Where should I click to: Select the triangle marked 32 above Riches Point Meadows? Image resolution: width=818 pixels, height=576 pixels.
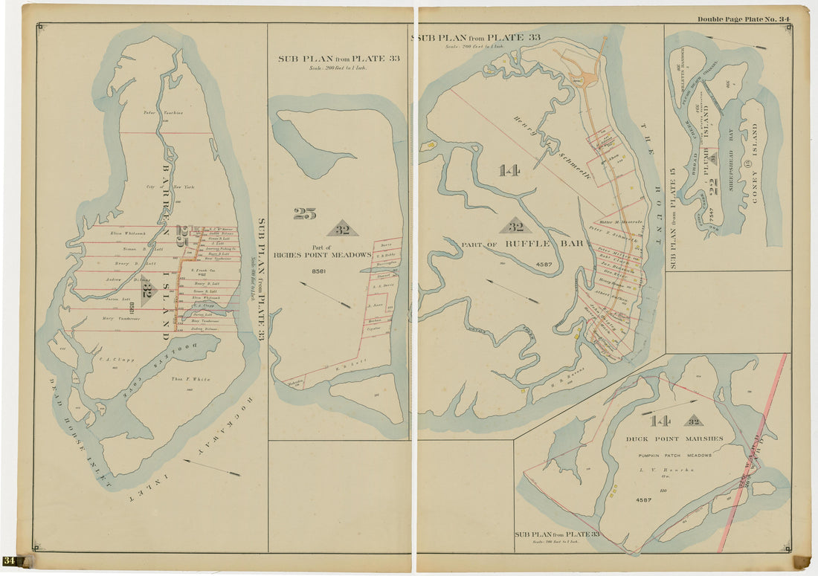click(x=342, y=230)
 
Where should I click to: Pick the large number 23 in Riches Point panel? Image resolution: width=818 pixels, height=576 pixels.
click(x=304, y=214)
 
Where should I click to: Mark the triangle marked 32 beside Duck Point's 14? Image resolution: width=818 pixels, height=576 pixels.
click(x=692, y=421)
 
